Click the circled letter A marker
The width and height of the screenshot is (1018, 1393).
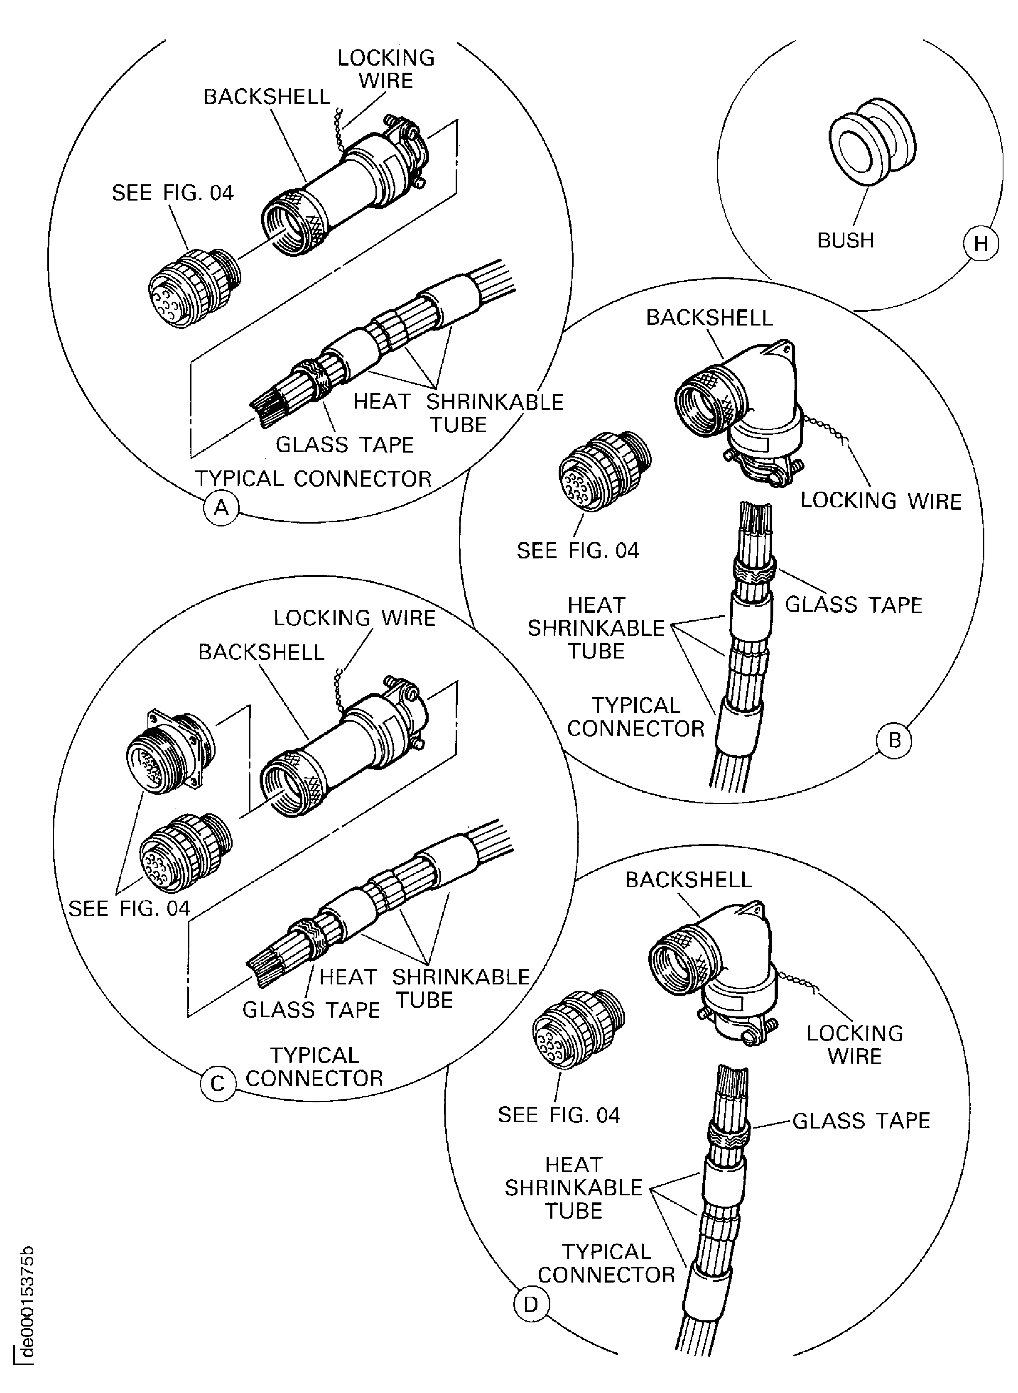coord(221,508)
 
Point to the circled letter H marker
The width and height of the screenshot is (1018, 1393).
coord(980,244)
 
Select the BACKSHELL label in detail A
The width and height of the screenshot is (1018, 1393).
coord(266,97)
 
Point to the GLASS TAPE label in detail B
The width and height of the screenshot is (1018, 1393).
coord(854,605)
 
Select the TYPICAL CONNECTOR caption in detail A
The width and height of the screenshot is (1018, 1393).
coord(313,479)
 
